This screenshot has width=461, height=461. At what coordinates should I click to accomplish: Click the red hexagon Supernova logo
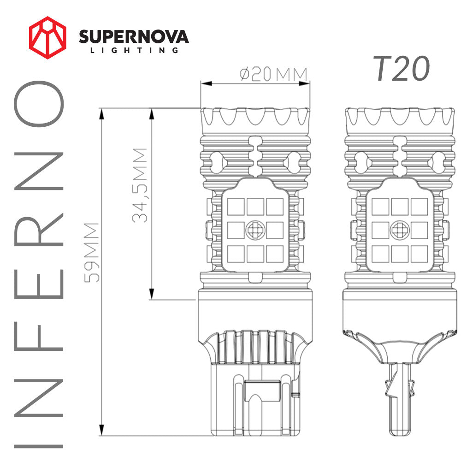(x=47, y=38)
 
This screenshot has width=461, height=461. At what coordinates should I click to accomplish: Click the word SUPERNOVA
(x=134, y=37)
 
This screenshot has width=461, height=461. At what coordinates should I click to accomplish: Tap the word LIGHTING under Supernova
(x=134, y=50)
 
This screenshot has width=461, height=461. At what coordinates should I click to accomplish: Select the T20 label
(x=402, y=69)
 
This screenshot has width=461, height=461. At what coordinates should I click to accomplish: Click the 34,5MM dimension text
(x=140, y=185)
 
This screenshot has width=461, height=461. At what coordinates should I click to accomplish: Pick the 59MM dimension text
(x=91, y=253)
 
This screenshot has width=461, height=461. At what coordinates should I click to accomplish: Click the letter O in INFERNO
(x=39, y=104)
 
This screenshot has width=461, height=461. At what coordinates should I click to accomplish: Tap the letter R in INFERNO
(x=39, y=230)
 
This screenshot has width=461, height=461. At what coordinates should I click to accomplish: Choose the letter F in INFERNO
(x=39, y=336)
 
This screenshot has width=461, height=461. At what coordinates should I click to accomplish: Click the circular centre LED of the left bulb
(x=255, y=230)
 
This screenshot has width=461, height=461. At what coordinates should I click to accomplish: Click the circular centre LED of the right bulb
(x=400, y=230)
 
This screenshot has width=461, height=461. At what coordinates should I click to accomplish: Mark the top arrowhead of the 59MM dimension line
(x=102, y=114)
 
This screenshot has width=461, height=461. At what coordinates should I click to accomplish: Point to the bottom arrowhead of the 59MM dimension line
(x=102, y=430)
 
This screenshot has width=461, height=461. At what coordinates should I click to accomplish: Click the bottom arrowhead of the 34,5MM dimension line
(x=152, y=294)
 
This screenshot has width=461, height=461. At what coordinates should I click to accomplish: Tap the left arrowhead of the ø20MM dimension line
(x=207, y=83)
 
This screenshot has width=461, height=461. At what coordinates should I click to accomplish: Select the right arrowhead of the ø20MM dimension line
(x=304, y=83)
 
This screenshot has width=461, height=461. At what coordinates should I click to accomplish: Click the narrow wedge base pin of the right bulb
(x=400, y=399)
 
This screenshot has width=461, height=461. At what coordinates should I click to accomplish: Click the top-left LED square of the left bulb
(x=236, y=207)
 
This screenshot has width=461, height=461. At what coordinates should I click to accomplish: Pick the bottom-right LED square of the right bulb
(x=419, y=254)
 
